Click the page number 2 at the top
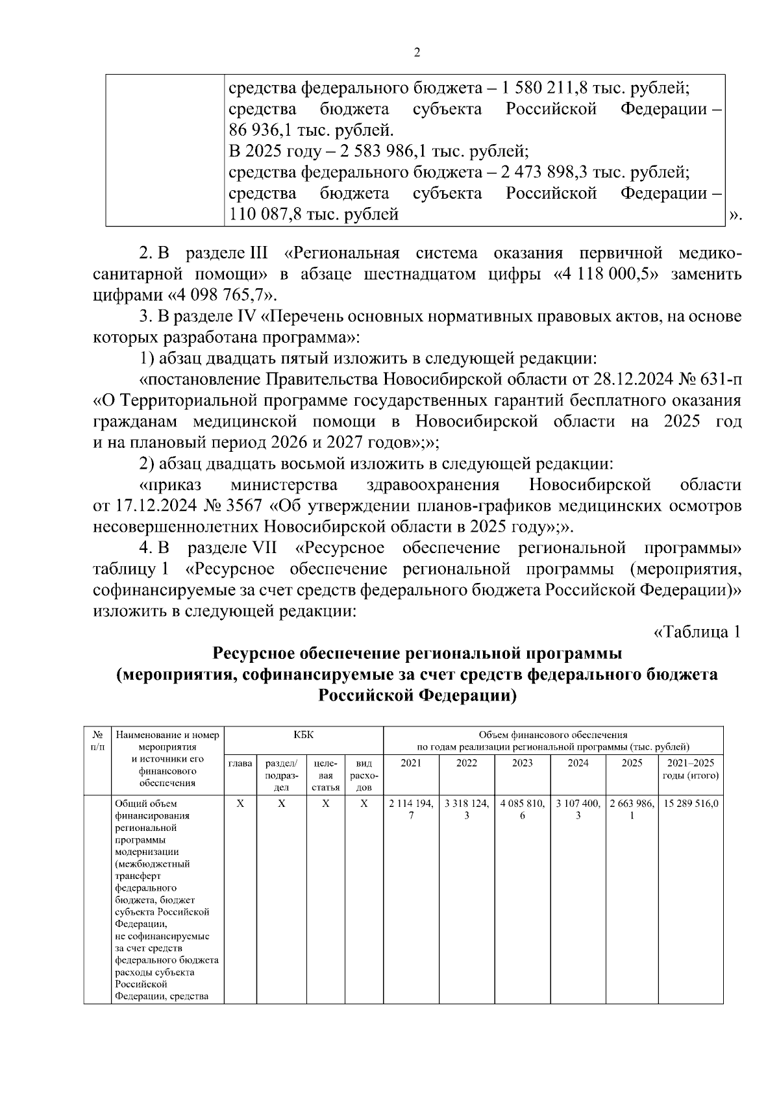[417, 53]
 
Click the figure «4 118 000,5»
[607, 274]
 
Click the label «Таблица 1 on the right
[697, 632]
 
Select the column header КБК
[303, 735]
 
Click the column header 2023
[522, 763]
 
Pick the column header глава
[240, 763]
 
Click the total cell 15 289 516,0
[691, 804]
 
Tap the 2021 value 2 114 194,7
[411, 809]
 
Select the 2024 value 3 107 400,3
[578, 809]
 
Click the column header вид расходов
[364, 775]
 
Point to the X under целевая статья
[326, 804]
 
